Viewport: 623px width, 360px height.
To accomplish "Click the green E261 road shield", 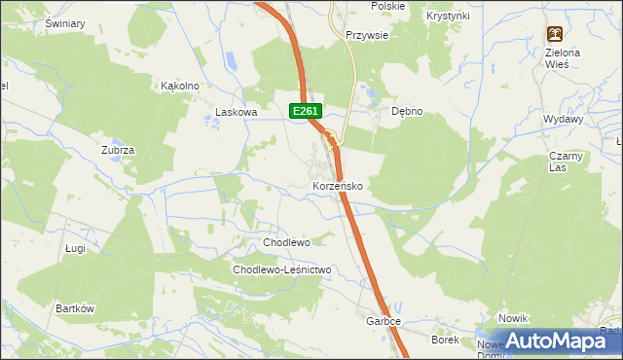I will pyautogui.click(x=306, y=112).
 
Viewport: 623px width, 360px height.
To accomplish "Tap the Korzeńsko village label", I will pyautogui.click(x=338, y=185).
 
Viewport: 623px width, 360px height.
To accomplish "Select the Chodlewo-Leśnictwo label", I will pyautogui.click(x=282, y=270).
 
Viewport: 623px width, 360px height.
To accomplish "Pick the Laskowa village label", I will pyautogui.click(x=236, y=112).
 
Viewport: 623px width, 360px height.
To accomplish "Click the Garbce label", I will pyautogui.click(x=384, y=321).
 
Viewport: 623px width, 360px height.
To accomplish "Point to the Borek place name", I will pyautogui.click(x=445, y=340).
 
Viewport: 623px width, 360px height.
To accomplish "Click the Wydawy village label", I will pyautogui.click(x=564, y=119).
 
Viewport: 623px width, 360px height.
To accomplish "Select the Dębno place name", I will pyautogui.click(x=407, y=111).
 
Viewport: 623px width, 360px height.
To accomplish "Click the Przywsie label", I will pyautogui.click(x=367, y=34).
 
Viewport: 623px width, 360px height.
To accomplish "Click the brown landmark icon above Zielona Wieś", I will pyautogui.click(x=554, y=33).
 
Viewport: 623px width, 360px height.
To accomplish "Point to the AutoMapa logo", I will pyautogui.click(x=550, y=341).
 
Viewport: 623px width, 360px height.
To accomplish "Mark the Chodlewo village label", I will pyautogui.click(x=286, y=241).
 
